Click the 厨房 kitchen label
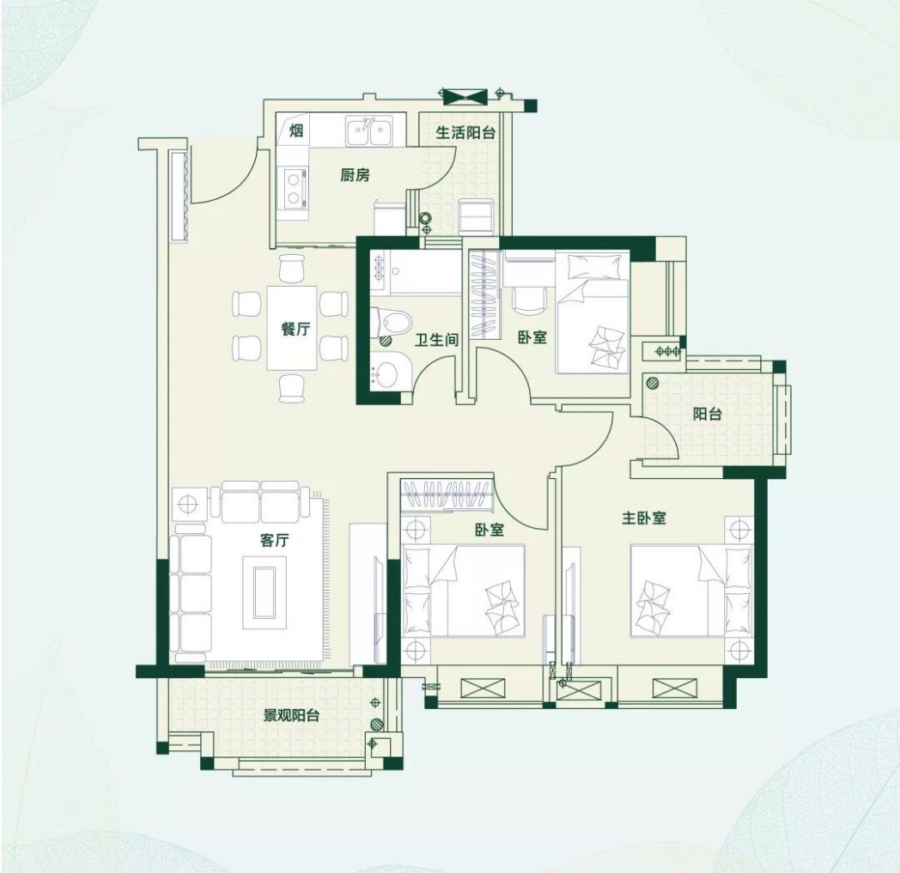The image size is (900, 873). [x=355, y=175]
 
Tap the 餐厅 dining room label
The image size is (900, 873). [x=295, y=330]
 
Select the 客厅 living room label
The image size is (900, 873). [x=274, y=540]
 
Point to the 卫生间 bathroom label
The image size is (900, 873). [x=437, y=340]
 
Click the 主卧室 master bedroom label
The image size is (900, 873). [x=644, y=518]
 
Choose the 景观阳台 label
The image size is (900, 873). [x=291, y=715]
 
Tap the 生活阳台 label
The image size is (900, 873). [x=465, y=132]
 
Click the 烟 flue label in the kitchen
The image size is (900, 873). [x=295, y=131]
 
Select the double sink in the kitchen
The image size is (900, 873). [x=369, y=131]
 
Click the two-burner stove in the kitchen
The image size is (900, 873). [x=294, y=189]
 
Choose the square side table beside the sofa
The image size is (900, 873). [x=188, y=504]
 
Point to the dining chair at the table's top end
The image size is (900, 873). [x=292, y=267]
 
